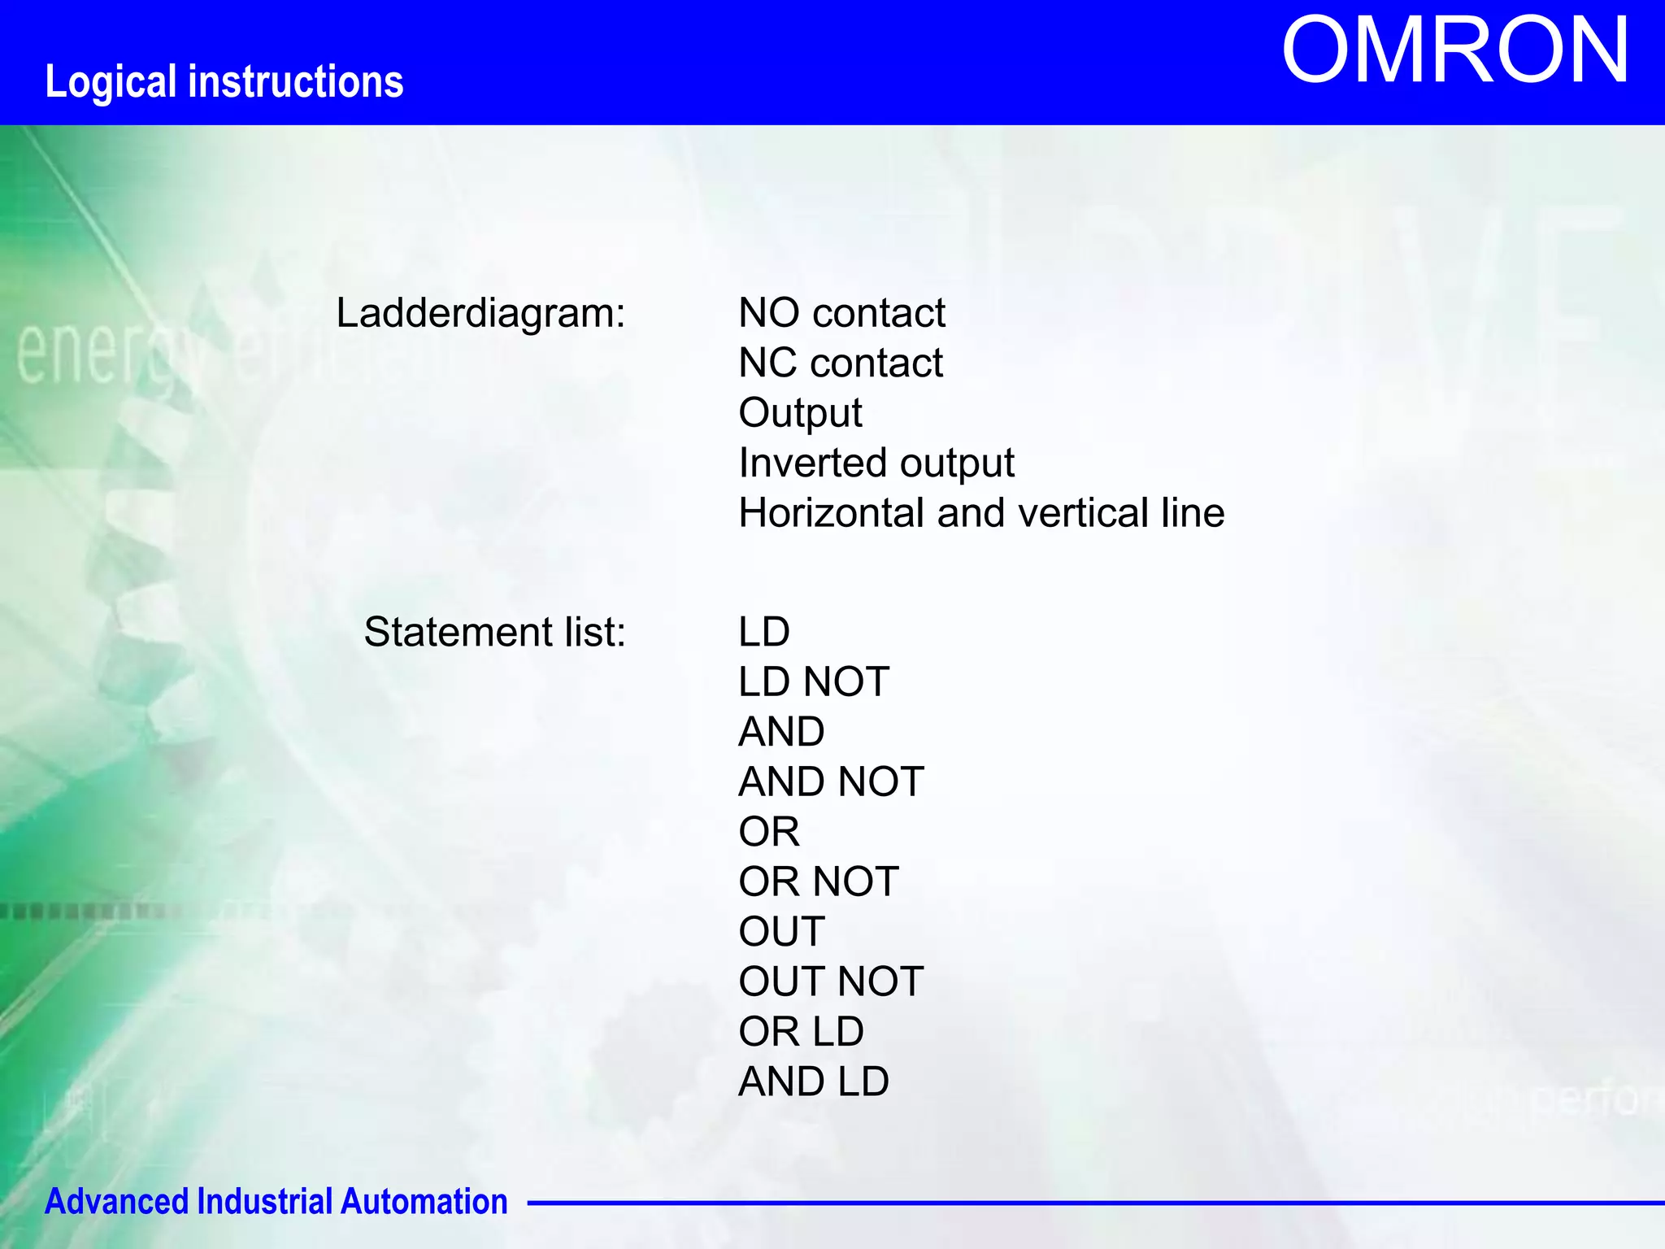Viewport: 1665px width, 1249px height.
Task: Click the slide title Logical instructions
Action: tap(224, 82)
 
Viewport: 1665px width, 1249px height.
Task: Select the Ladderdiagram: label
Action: tap(480, 313)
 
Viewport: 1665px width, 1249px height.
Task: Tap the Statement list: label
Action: tap(494, 632)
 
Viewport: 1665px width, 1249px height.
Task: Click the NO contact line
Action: tap(841, 313)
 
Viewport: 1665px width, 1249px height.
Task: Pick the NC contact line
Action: tap(840, 363)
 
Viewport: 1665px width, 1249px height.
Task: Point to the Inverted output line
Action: tap(876, 463)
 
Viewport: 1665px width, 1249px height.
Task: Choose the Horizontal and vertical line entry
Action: tap(980, 513)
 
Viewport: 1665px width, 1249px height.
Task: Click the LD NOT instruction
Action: tap(813, 681)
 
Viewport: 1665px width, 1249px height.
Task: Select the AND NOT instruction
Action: tap(830, 781)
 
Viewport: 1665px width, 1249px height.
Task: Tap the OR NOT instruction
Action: tap(818, 881)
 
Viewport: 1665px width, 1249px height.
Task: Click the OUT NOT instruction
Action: tap(830, 981)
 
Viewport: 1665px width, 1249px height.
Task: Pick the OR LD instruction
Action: tap(801, 1032)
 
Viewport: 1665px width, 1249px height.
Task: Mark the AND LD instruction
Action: tap(813, 1081)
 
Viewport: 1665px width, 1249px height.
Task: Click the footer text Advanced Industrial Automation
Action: tap(276, 1202)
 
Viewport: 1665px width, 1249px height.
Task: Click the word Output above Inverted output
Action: tap(800, 413)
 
